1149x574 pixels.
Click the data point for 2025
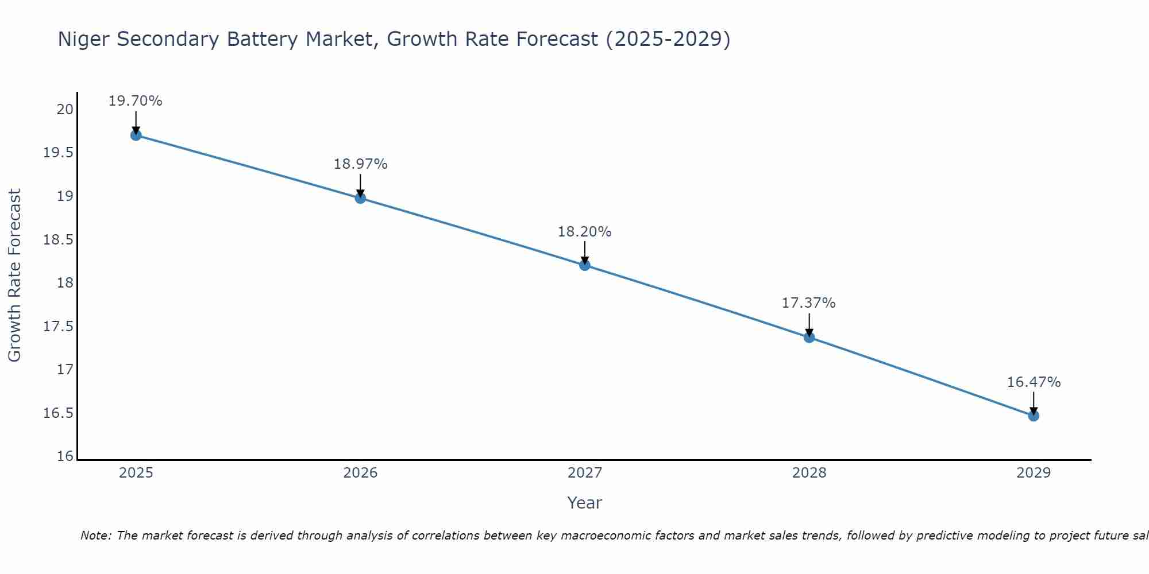click(136, 135)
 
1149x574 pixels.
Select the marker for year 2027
click(585, 265)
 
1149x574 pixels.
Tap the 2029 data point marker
click(1034, 416)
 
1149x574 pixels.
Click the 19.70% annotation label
click(136, 101)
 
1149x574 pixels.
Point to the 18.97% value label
click(360, 164)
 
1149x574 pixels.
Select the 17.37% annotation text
click(808, 303)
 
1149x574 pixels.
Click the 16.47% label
click(1034, 382)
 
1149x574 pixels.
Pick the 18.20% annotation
click(584, 232)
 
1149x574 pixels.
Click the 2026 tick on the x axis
click(360, 473)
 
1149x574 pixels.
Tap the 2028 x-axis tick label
click(809, 473)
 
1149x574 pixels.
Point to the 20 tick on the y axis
click(65, 109)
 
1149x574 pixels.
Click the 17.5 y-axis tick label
click(59, 326)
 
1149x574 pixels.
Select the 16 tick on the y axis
click(65, 456)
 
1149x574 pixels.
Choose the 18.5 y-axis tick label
click(59, 239)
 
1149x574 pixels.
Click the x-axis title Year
click(584, 503)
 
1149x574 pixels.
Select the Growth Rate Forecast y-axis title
click(15, 276)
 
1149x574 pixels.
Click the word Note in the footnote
click(95, 536)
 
